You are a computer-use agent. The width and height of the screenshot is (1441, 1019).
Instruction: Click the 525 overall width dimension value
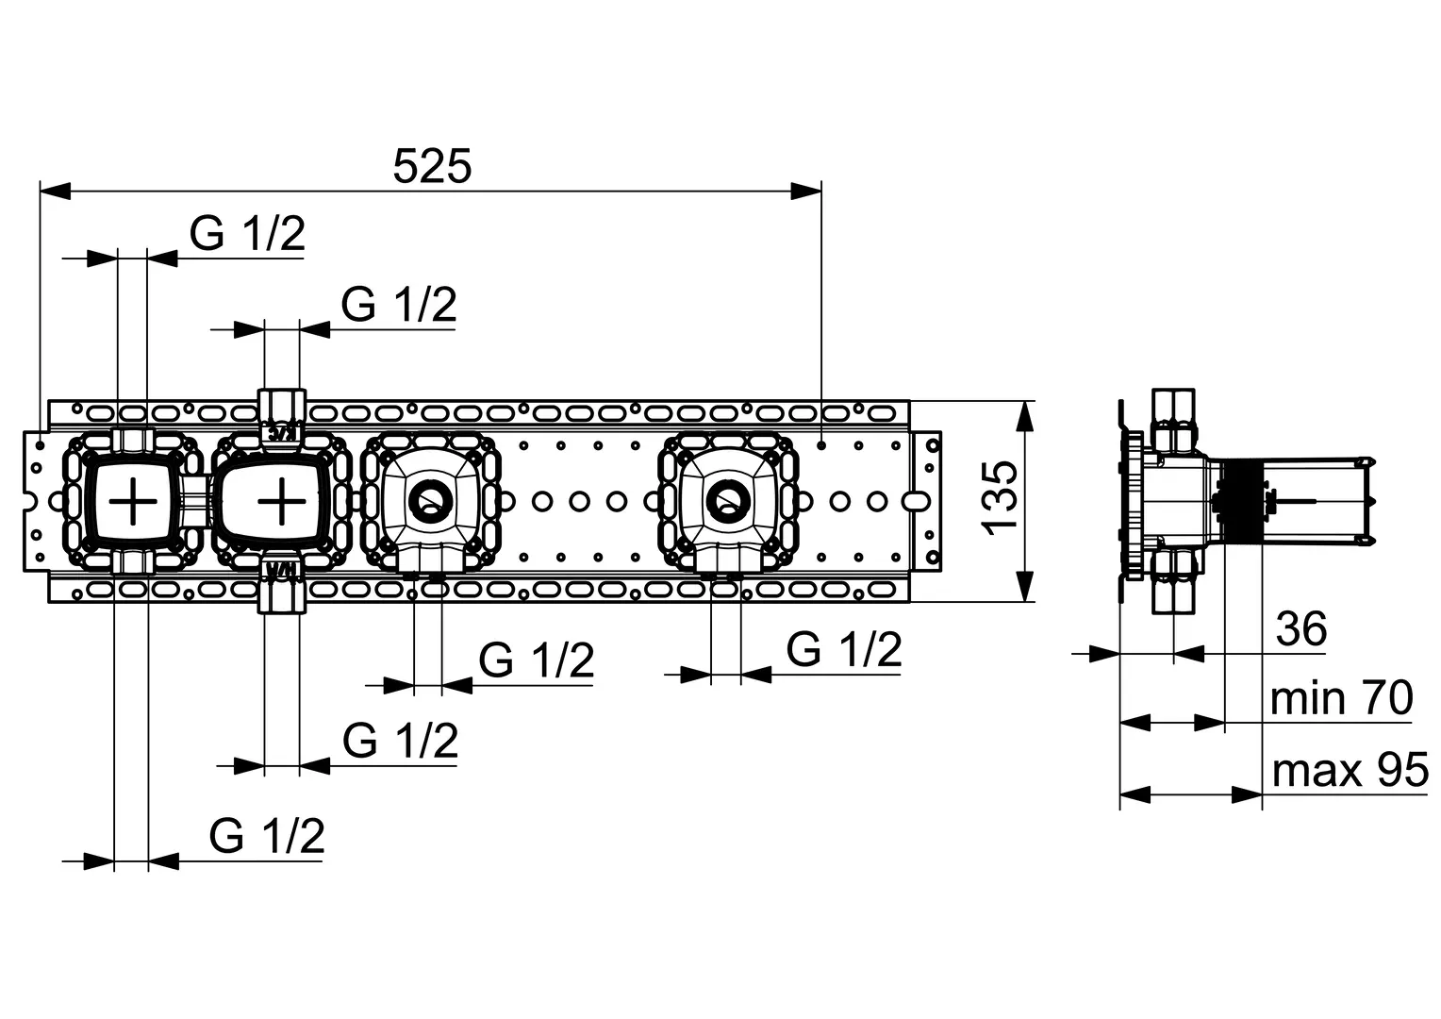pyautogui.click(x=431, y=168)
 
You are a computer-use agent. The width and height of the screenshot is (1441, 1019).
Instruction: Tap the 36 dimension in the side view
pyautogui.click(x=1300, y=629)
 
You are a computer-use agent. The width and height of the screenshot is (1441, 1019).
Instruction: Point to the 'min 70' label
pyautogui.click(x=1340, y=699)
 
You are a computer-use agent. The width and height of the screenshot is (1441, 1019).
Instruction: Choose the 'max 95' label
pyautogui.click(x=1349, y=772)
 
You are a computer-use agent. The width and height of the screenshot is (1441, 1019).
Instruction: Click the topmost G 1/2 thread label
pyautogui.click(x=247, y=233)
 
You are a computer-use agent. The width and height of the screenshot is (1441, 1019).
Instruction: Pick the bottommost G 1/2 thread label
pyautogui.click(x=267, y=836)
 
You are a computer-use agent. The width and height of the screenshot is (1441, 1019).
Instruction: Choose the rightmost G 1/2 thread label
pyautogui.click(x=844, y=650)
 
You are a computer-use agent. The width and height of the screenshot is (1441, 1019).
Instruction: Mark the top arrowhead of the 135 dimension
pyautogui.click(x=1023, y=415)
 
